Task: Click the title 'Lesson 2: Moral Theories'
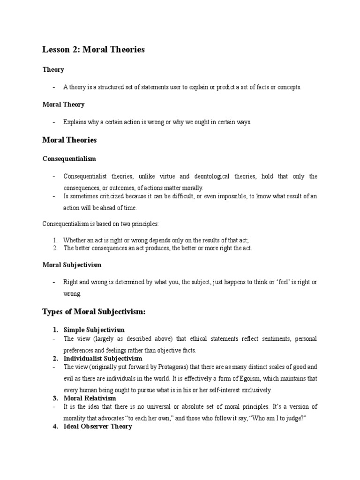point(94,49)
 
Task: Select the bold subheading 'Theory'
point(53,70)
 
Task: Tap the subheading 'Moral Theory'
point(63,105)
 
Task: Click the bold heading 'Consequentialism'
point(69,159)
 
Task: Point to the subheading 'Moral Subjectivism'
point(72,265)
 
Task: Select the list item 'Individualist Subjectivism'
point(103,359)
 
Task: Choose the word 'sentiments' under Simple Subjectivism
point(253,338)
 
